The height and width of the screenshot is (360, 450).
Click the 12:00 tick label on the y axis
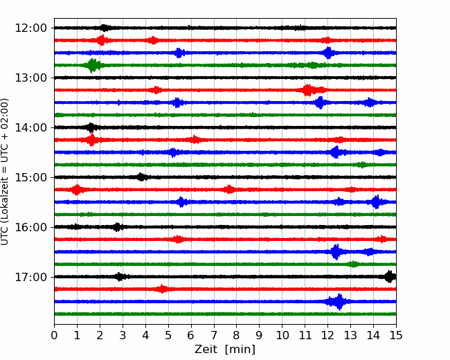[30, 28]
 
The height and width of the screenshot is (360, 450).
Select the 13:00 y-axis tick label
[30, 78]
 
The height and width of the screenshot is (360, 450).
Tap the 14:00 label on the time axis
[30, 127]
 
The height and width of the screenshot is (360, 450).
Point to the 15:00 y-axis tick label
[30, 177]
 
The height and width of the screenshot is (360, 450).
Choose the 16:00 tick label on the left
[30, 227]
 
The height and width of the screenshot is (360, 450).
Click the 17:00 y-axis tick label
[30, 277]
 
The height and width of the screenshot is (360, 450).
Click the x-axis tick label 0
[54, 335]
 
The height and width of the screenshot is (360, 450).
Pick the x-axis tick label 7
[214, 335]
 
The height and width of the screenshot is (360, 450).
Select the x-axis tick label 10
[282, 335]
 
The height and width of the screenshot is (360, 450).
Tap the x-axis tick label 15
[396, 335]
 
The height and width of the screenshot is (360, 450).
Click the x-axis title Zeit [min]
[225, 350]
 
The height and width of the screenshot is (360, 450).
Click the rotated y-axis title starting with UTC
[5, 172]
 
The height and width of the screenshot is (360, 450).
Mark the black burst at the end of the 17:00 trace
[390, 277]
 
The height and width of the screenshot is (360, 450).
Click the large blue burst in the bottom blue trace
[339, 302]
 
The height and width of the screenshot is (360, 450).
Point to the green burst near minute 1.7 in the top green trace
[92, 66]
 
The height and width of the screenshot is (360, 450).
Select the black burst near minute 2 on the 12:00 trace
[105, 28]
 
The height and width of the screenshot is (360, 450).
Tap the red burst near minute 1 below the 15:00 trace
[77, 190]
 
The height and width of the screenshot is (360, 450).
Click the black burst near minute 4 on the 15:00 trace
[141, 177]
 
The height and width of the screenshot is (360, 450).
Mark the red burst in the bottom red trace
[163, 289]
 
